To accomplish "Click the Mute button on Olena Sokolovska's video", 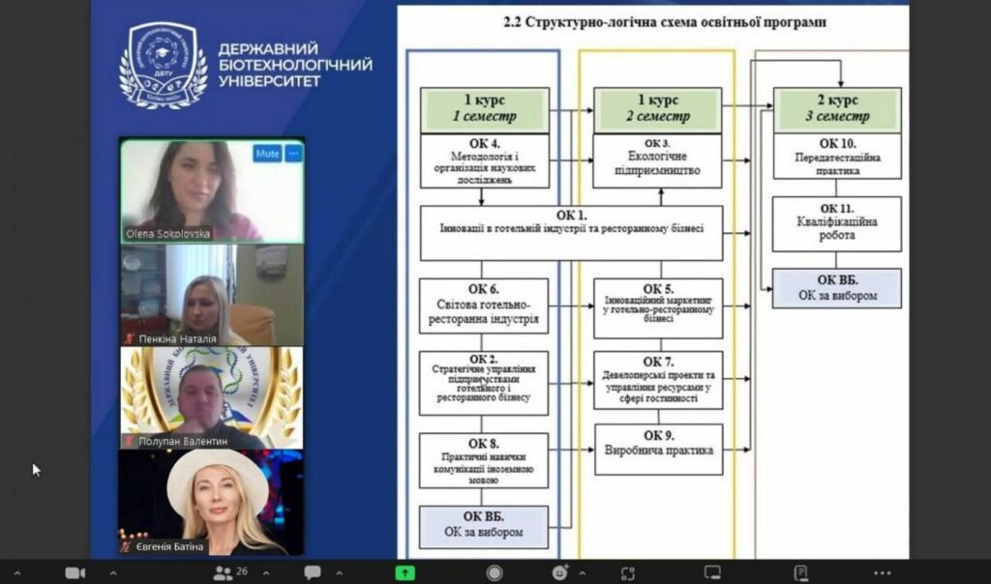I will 268,154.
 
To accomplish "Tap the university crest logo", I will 162,65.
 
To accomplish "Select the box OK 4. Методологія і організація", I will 484,161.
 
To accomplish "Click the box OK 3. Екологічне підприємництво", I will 657,161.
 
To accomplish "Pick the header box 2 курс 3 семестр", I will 836,109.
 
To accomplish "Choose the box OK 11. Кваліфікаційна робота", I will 836,223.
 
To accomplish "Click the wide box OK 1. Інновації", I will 571,233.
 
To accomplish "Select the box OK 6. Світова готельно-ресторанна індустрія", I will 484,306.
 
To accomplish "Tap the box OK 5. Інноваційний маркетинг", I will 657,307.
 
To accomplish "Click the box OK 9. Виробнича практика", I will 657,449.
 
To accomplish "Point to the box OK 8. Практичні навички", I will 484,459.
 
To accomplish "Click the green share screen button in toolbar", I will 405,572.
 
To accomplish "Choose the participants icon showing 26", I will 225,572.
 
